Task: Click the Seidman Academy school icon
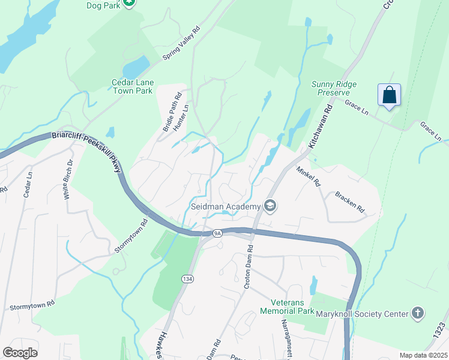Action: click(270, 206)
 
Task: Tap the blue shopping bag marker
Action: click(389, 95)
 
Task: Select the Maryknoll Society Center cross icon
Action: click(418, 313)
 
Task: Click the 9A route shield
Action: click(217, 233)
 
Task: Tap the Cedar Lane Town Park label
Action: click(132, 86)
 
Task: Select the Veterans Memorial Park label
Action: click(288, 307)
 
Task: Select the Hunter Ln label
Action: click(180, 118)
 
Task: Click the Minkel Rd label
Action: click(309, 176)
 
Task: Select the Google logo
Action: click(20, 353)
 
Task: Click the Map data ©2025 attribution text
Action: click(423, 355)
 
